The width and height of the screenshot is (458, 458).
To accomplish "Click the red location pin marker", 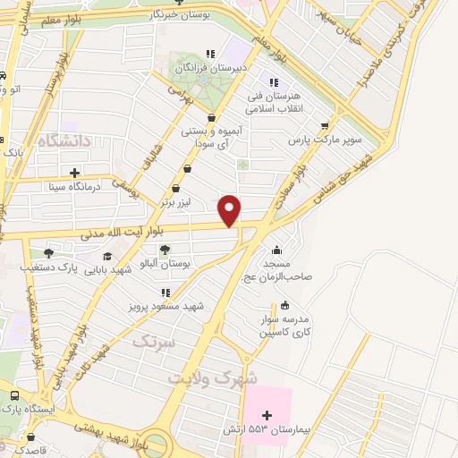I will pyautogui.click(x=231, y=209).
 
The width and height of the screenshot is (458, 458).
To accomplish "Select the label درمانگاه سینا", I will pyautogui.click(x=110, y=187).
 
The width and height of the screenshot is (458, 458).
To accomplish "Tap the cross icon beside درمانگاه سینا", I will pyautogui.click(x=74, y=173).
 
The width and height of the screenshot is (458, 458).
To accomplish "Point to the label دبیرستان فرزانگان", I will pyautogui.click(x=210, y=67).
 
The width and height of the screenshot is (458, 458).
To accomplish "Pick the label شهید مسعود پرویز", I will pyautogui.click(x=166, y=306).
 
